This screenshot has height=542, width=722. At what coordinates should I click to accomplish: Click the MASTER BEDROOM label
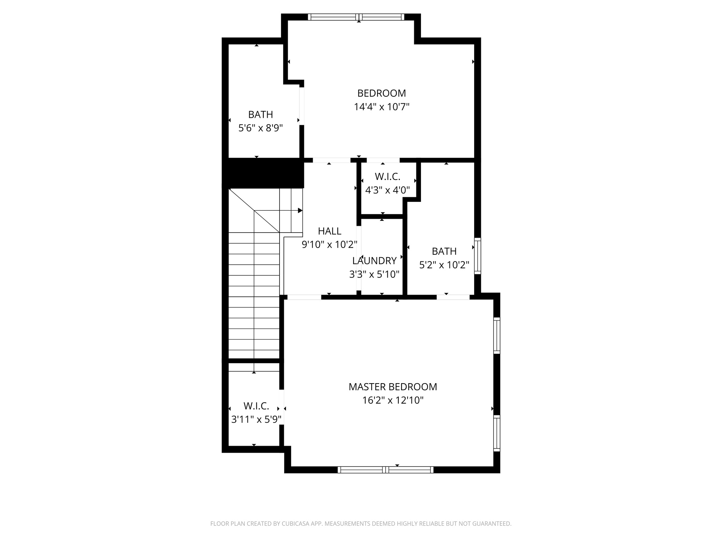(x=393, y=387)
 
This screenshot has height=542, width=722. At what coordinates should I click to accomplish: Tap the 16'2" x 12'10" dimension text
(x=393, y=401)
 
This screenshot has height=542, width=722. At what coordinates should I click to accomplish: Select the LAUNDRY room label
(x=374, y=261)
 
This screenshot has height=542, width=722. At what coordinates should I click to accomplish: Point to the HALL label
(x=330, y=231)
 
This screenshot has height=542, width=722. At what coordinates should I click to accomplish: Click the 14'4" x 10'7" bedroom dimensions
(x=381, y=107)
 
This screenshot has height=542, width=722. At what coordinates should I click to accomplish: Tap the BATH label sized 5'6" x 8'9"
(x=261, y=115)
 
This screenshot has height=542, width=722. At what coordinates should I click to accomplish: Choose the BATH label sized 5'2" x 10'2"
(x=444, y=251)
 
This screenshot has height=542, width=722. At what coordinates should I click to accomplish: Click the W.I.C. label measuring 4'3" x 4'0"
(x=387, y=176)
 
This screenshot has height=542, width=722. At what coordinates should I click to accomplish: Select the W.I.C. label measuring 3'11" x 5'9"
(x=256, y=406)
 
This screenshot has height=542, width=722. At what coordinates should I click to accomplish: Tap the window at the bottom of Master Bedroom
(x=386, y=470)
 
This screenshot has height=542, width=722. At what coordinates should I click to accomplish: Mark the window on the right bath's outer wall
(x=477, y=256)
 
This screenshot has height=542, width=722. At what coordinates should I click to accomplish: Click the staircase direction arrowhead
(x=300, y=211)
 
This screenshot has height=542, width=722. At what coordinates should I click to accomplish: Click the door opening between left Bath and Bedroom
(x=302, y=106)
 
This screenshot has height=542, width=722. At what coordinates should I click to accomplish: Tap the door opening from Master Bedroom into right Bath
(x=453, y=297)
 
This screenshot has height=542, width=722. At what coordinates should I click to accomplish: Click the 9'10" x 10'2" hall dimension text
(x=330, y=245)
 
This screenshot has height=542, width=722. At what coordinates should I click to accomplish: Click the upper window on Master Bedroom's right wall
(x=496, y=335)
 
